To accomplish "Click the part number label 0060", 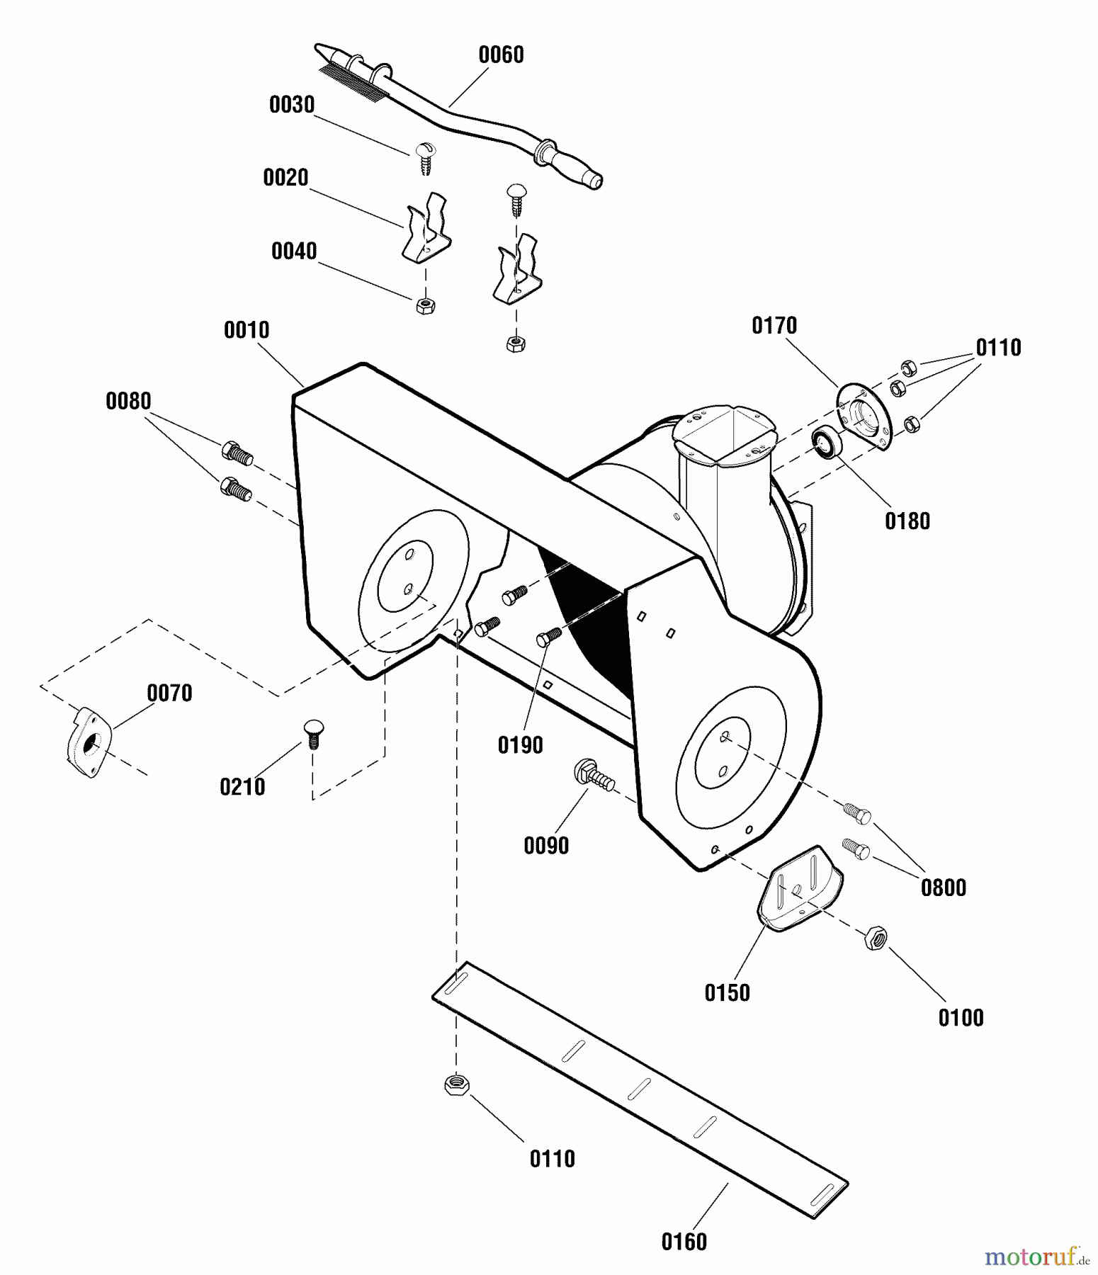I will click(501, 55).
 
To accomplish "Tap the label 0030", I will click(291, 105).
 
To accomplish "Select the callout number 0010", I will click(247, 330).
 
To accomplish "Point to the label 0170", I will click(774, 326).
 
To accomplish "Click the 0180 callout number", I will click(907, 521).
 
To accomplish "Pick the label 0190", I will click(520, 745).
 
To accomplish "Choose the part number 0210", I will click(242, 787).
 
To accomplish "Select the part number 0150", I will click(727, 993).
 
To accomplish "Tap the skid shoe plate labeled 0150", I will click(800, 888).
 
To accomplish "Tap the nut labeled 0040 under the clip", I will click(425, 306).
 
